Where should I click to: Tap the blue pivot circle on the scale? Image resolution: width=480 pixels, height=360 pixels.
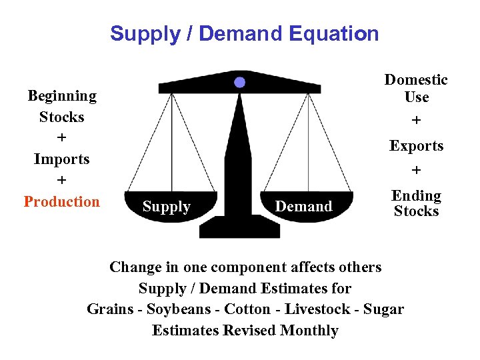[x=240, y=83]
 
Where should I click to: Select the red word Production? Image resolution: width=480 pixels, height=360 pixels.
[x=61, y=201]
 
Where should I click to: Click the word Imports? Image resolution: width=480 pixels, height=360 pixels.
[x=61, y=159]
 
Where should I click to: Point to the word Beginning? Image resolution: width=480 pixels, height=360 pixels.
[x=62, y=96]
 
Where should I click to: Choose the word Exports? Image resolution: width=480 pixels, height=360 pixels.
[x=417, y=146]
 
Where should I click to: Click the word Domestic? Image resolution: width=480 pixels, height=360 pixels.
[x=416, y=80]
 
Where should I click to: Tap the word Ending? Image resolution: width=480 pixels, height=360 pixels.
[x=416, y=196]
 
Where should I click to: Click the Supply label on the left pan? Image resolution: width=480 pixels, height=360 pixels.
[x=167, y=207]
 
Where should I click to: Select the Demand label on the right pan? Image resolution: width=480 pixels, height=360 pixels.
[x=303, y=207]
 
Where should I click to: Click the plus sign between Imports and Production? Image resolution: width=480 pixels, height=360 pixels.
[x=61, y=181]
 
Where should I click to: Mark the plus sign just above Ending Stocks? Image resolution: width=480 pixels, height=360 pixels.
[x=417, y=171]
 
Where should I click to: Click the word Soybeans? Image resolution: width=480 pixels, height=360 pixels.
[x=176, y=309]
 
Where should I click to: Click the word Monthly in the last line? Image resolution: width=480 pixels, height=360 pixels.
[x=309, y=331]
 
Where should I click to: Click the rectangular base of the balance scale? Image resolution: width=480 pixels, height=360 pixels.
[x=239, y=227]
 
